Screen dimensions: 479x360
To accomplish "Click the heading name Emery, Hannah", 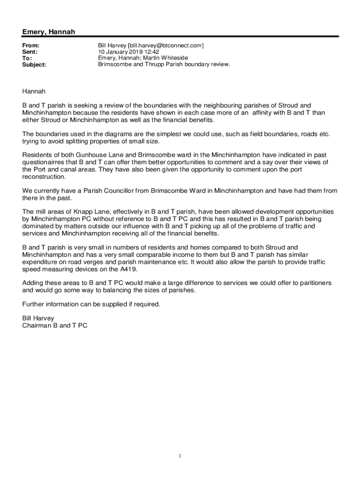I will click(49, 32).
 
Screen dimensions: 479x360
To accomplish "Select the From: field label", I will click(31, 45).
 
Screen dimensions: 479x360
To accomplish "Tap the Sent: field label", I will click(30, 52).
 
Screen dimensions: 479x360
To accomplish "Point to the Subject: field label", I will click(34, 65).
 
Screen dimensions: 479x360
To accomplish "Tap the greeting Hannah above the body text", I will click(34, 91).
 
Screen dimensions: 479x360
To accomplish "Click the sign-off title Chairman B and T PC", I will click(55, 325).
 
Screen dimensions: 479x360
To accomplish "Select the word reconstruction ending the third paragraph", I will click(44, 177).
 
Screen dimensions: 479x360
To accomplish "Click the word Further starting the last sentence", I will click(34, 304).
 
